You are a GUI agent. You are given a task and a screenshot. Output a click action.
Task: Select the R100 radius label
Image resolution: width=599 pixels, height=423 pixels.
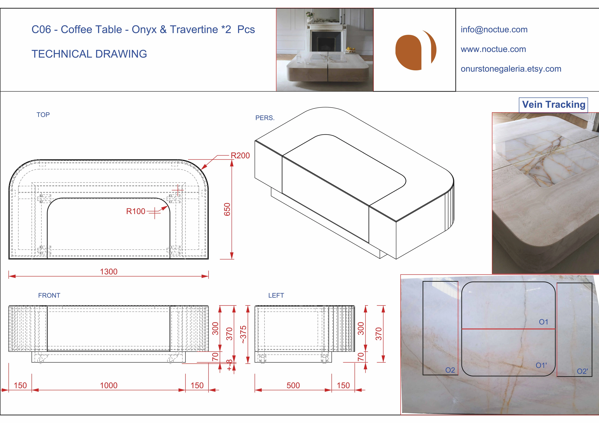point(136,211)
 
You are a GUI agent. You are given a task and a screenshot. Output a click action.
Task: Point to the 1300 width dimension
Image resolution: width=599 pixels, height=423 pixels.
point(109,272)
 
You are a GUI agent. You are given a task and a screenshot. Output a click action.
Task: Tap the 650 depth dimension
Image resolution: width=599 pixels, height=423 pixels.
point(227,209)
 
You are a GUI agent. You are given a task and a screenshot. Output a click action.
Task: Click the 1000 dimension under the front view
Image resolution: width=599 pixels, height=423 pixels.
point(109,385)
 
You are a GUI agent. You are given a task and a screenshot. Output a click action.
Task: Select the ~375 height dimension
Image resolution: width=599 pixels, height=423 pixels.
point(243,334)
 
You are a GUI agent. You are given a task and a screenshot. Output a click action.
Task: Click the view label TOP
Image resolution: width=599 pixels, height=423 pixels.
point(43,115)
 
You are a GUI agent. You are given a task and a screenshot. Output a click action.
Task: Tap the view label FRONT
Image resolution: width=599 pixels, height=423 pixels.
point(49,295)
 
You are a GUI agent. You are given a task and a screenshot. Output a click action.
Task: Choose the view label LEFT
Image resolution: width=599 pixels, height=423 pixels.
point(276,295)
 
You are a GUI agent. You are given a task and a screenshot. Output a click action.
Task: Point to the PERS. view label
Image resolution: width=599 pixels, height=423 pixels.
point(265,118)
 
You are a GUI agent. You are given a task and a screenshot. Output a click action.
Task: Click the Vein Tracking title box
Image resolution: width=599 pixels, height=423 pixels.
point(553,105)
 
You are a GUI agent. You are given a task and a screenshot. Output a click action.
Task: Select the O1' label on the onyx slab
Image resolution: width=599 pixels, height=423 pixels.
point(541,365)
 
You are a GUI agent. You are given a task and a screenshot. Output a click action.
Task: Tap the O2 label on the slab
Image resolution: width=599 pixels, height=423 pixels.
point(450,370)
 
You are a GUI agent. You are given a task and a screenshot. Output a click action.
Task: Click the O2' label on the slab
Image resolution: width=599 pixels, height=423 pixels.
point(582,371)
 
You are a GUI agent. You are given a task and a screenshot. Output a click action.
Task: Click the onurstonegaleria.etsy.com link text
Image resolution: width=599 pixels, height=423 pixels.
point(511,69)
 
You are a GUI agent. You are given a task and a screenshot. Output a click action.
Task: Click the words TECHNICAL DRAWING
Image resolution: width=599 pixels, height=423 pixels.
point(89,54)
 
